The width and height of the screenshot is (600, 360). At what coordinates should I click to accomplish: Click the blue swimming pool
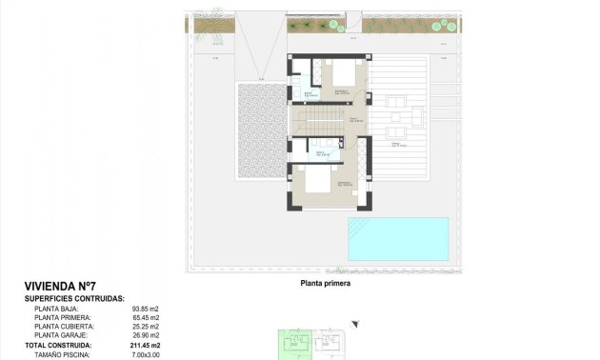(x=397, y=238)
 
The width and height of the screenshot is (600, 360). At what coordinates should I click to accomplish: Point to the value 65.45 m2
(x=147, y=318)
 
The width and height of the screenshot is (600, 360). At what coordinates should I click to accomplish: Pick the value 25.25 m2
(x=147, y=327)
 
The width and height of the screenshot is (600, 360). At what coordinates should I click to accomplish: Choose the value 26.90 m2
(x=147, y=335)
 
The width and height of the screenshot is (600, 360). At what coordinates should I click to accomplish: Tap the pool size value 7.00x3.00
(x=147, y=353)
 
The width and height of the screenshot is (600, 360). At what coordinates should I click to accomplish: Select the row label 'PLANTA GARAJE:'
(x=61, y=335)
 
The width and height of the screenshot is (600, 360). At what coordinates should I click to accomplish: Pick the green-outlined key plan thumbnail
(x=295, y=344)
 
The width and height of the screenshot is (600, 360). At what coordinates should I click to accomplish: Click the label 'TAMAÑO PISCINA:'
(x=63, y=353)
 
